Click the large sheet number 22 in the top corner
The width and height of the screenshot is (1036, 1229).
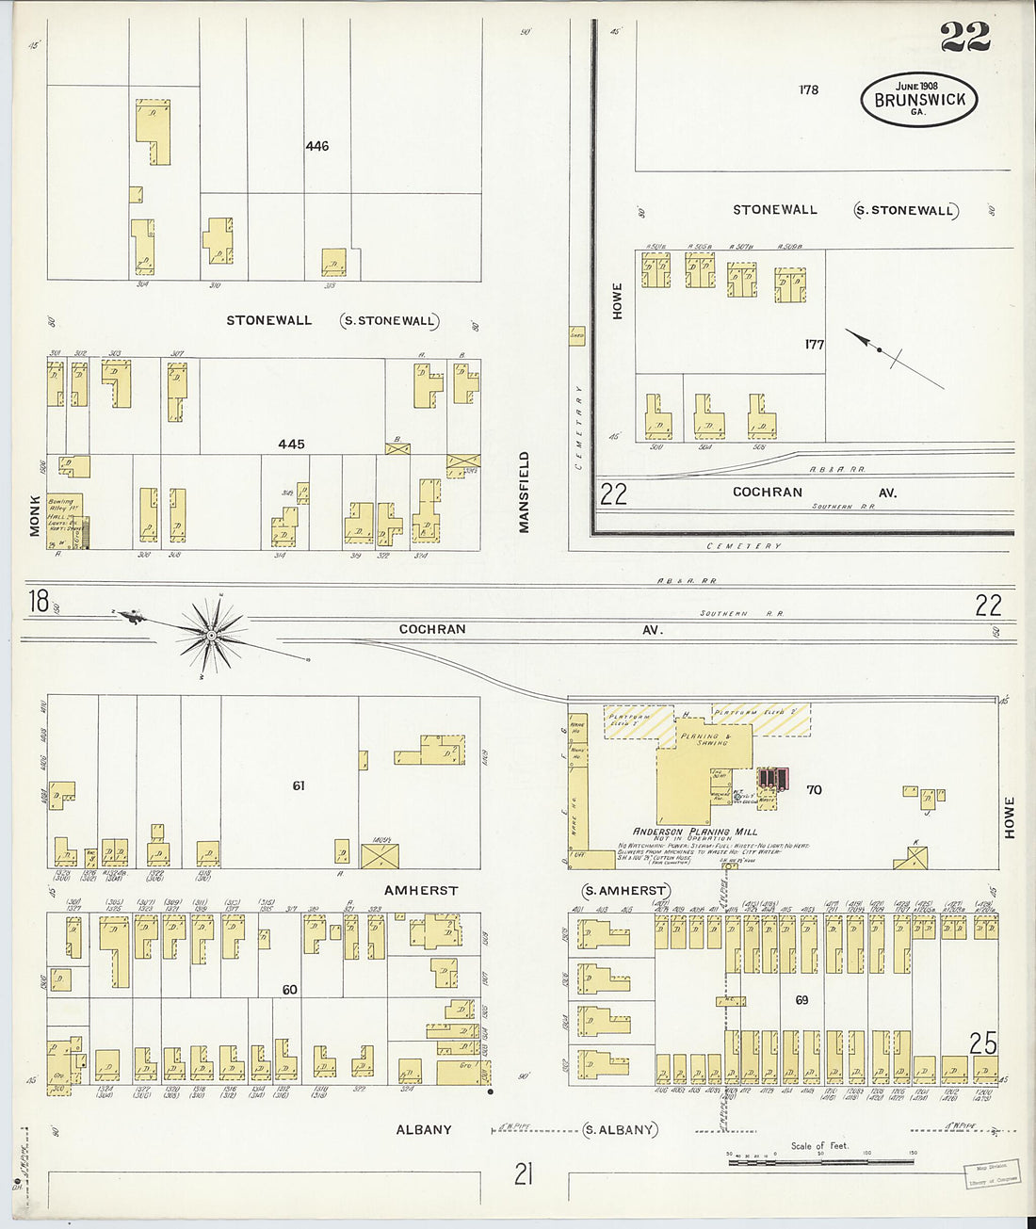click(x=964, y=37)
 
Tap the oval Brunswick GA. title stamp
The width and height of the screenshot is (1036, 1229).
click(x=918, y=99)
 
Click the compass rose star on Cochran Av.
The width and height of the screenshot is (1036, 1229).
click(x=212, y=636)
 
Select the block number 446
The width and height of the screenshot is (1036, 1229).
click(x=317, y=146)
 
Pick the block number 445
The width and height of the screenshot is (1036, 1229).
click(x=291, y=444)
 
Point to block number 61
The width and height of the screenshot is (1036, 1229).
click(x=299, y=785)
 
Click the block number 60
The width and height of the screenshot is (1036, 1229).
click(x=290, y=990)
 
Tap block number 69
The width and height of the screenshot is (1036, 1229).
click(x=801, y=1000)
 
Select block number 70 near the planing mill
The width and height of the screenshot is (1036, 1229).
click(x=814, y=789)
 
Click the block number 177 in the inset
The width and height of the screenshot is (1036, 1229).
click(x=815, y=345)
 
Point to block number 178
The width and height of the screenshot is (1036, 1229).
click(x=808, y=90)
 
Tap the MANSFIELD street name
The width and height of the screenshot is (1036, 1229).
click(x=524, y=493)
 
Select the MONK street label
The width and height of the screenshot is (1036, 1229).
click(x=35, y=515)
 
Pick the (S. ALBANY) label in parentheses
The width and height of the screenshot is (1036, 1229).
click(x=621, y=1129)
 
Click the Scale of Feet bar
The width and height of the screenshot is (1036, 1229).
click(x=819, y=1160)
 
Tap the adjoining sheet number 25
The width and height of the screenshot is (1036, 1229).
click(x=983, y=1043)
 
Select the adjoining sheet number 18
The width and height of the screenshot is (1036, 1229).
click(x=39, y=601)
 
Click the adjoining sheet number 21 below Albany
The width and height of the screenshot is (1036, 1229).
click(x=524, y=1173)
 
